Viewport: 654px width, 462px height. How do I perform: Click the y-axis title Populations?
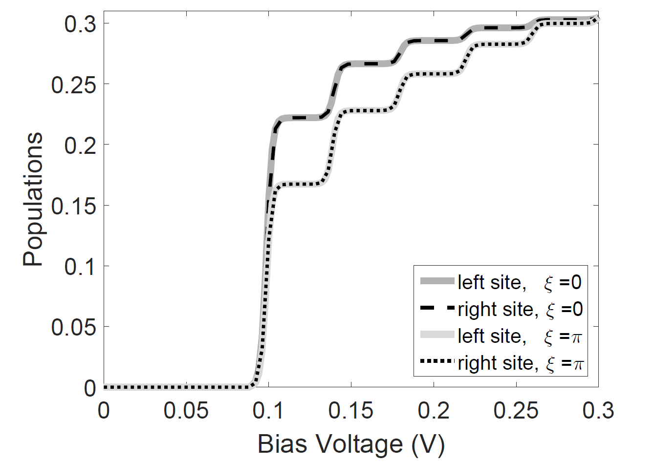click(x=33, y=199)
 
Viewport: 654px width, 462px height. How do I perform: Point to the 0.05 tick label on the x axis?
click(x=186, y=411)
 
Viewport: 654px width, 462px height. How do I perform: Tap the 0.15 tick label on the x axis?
click(x=351, y=411)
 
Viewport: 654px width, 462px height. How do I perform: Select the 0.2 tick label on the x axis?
click(x=434, y=411)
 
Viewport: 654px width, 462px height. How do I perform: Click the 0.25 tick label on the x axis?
click(x=516, y=411)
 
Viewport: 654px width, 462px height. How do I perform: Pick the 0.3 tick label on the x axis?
click(x=599, y=411)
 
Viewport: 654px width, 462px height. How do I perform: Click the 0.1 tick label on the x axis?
click(x=268, y=411)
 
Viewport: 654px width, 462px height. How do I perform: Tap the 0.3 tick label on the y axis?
click(x=80, y=23)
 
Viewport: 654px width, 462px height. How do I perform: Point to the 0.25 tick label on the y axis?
click(x=74, y=84)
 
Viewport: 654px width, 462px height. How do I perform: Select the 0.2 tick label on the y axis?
click(x=80, y=145)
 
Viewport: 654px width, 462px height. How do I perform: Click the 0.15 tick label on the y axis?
click(x=74, y=206)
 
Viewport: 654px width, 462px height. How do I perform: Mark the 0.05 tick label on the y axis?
click(x=74, y=327)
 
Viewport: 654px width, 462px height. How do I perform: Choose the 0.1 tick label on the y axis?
click(x=80, y=267)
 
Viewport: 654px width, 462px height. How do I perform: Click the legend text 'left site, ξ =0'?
click(x=520, y=282)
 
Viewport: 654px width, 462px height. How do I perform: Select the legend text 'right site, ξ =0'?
click(x=520, y=309)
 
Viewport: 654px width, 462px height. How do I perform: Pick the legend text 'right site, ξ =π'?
click(x=521, y=363)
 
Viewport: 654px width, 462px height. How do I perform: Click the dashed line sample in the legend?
click(x=437, y=307)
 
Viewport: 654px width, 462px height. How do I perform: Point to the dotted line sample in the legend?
click(x=437, y=361)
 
